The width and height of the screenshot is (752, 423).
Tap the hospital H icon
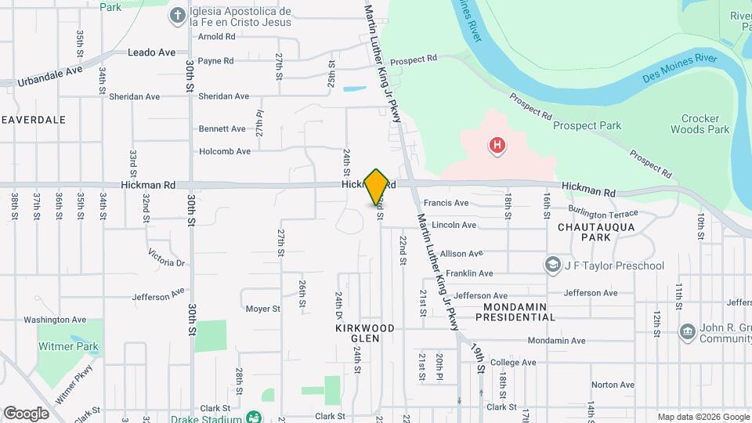click(x=496, y=145)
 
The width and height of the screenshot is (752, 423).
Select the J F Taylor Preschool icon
click(x=554, y=266)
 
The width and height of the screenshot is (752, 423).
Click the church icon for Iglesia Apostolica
click(x=178, y=15)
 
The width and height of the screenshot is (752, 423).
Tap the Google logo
click(x=27, y=413)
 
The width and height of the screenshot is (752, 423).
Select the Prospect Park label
click(x=587, y=125)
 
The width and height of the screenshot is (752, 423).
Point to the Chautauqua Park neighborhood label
click(x=595, y=231)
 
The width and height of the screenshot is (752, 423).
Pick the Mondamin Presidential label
click(x=519, y=312)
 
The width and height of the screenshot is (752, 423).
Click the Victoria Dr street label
click(x=166, y=258)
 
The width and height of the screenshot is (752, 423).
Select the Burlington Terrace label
click(x=605, y=214)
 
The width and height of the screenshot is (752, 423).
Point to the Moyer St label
click(x=262, y=309)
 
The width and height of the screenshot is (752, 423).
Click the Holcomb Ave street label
click(x=225, y=151)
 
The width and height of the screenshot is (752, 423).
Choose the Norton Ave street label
click(x=613, y=385)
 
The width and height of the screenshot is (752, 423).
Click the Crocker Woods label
click(x=695, y=124)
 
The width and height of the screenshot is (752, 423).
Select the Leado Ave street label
click(x=152, y=53)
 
